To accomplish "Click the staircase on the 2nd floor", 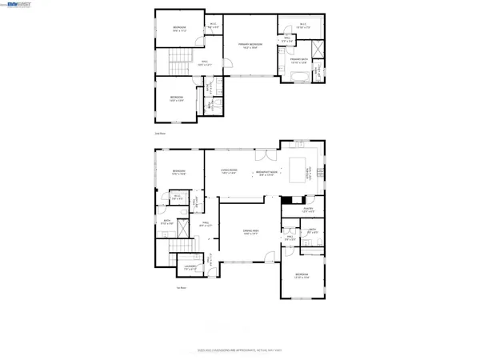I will pyautogui.click(x=178, y=59).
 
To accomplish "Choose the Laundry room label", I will pyautogui.click(x=190, y=267).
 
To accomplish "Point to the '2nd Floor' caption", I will pyautogui.click(x=160, y=134).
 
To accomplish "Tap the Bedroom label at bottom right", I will pyautogui.click(x=302, y=276).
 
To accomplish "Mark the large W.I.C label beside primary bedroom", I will pyautogui.click(x=304, y=26).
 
